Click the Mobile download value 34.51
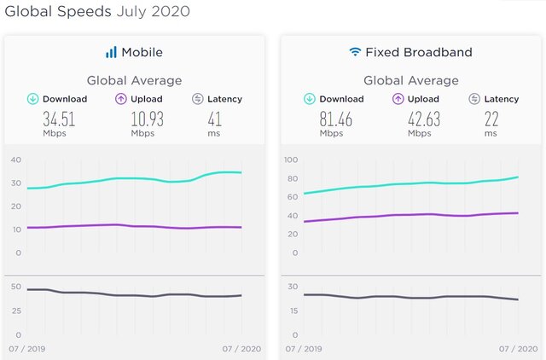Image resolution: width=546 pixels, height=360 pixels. click(59, 119)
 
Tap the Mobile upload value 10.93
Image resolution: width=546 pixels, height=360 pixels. click(148, 119)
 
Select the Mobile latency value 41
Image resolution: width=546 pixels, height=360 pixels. click(214, 119)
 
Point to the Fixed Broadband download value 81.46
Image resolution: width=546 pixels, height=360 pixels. click(336, 119)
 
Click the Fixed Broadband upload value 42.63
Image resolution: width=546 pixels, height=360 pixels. click(424, 119)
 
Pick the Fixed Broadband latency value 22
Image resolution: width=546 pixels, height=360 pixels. click(491, 119)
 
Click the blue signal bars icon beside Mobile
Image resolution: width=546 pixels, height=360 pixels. click(111, 52)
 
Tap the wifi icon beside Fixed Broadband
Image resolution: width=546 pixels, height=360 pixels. click(355, 51)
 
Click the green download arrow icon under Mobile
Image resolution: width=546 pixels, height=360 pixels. click(32, 99)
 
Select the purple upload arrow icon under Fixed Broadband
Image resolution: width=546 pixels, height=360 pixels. click(398, 99)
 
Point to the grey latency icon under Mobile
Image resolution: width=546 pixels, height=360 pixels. click(197, 99)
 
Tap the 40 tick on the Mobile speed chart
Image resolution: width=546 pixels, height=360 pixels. click(16, 160)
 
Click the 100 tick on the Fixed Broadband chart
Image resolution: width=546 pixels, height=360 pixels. click(291, 160)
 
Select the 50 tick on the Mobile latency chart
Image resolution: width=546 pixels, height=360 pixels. click(16, 287)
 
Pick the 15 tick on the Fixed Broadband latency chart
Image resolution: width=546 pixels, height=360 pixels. click(293, 311)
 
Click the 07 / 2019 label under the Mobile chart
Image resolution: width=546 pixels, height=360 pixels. click(27, 349)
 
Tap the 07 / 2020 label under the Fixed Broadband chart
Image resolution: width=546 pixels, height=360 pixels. click(518, 349)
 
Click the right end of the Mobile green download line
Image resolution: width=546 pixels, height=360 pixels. click(241, 172)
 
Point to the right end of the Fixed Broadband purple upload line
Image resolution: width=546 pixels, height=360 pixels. click(518, 212)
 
